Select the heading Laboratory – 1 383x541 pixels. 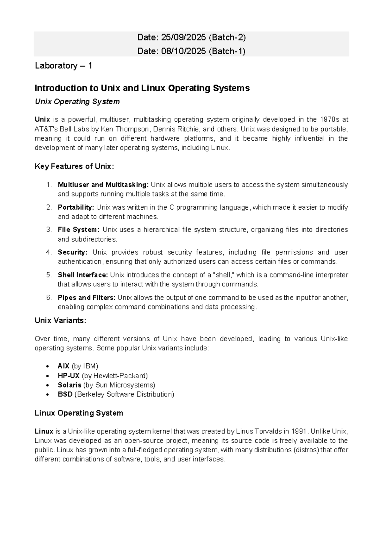coord(64,66)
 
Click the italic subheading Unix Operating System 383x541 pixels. coord(77,102)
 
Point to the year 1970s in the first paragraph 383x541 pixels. coord(329,120)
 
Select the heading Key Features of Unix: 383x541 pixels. coord(74,167)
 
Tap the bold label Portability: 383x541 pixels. coord(76,207)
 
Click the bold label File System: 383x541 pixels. coord(79,230)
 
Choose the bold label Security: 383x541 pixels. coord(72,252)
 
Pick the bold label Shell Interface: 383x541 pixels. coord(83,275)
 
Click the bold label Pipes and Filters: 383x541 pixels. coord(86,298)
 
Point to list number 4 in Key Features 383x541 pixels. coord(49,252)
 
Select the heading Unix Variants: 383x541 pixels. coord(60,321)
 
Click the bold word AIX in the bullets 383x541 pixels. coord(64,366)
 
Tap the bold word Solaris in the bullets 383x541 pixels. coord(69,385)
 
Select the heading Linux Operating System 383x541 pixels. coord(79,413)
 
